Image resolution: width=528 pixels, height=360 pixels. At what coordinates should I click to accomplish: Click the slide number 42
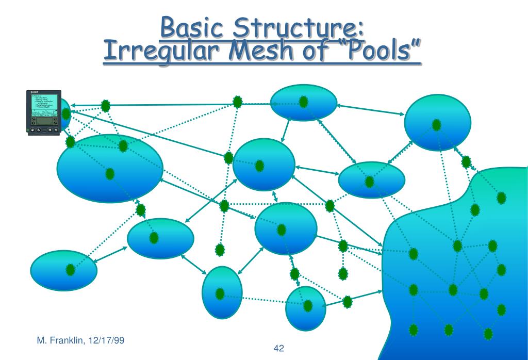(279, 349)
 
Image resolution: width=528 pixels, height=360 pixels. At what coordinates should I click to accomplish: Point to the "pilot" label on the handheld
(35, 92)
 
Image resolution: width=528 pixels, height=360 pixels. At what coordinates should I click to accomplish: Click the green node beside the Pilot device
(65, 113)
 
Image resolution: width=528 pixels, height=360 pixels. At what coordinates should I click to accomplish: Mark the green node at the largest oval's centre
(110, 174)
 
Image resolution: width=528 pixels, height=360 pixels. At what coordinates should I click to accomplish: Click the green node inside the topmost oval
(304, 102)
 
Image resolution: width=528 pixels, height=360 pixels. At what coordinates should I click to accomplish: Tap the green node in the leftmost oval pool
(70, 269)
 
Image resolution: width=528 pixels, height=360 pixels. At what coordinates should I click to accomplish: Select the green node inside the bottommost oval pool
(308, 306)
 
